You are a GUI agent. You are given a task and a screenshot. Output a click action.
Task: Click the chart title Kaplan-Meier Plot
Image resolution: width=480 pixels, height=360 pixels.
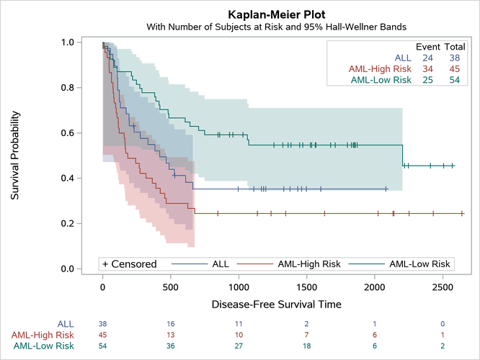[276, 14]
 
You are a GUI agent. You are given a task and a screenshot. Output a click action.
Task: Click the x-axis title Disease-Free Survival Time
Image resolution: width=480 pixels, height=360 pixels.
[276, 304]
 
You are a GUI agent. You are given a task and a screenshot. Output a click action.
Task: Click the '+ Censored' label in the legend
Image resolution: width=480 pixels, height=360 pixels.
[130, 264]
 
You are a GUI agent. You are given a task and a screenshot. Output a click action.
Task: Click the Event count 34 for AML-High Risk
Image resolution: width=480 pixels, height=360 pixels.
[427, 68]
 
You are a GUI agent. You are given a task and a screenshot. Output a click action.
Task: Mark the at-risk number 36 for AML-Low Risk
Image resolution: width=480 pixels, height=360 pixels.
[171, 346]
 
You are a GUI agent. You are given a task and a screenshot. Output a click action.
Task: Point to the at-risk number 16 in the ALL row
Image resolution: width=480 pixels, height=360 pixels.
[171, 324]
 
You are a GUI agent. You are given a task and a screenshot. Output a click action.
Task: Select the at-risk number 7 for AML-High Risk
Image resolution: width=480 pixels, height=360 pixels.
[306, 335]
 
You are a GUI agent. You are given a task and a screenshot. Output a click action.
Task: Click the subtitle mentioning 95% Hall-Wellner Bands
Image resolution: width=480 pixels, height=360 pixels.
[276, 27]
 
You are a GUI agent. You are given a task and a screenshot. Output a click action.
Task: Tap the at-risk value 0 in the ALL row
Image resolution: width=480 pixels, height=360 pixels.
[443, 324]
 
